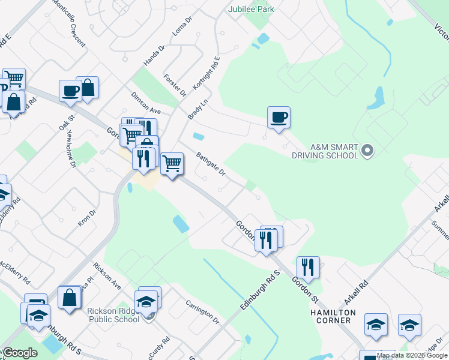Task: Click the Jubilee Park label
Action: [x=250, y=9]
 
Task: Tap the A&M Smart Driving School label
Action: [x=334, y=151]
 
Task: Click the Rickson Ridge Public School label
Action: [x=113, y=314]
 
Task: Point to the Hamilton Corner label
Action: [x=333, y=317]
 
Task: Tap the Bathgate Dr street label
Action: [x=210, y=164]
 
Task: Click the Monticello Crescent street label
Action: [x=69, y=23]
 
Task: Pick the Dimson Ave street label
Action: [x=146, y=103]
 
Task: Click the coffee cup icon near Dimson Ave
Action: [x=70, y=91]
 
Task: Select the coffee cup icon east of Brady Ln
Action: [x=279, y=117]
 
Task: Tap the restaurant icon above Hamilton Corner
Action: [x=308, y=267]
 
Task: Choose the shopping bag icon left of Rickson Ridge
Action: [x=70, y=297]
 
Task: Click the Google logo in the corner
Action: [x=20, y=353]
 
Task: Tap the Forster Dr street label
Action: [x=175, y=85]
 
